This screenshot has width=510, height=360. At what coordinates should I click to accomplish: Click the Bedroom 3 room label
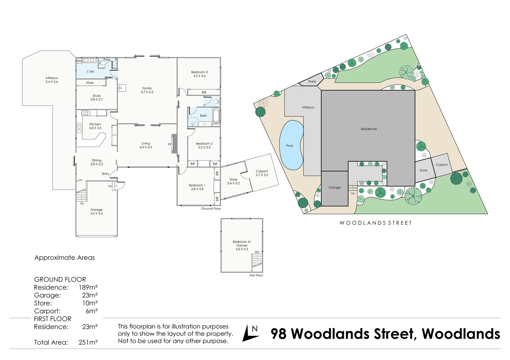[x=199, y=72]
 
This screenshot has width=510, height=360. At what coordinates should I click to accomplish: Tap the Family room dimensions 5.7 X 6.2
[x=147, y=92]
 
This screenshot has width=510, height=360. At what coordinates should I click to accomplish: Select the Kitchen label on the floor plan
[x=95, y=124]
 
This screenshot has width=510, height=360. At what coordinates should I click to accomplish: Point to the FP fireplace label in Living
[x=170, y=144]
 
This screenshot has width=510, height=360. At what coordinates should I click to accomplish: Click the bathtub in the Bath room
[x=216, y=115]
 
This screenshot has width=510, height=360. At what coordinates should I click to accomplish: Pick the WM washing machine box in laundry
[x=80, y=61]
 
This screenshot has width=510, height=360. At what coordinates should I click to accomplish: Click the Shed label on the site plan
[x=312, y=81]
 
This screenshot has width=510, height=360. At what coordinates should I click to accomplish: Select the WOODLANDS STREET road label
[x=376, y=223]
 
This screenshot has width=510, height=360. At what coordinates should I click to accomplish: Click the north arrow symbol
[x=251, y=333]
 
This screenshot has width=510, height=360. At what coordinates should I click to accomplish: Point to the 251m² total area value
[x=88, y=342]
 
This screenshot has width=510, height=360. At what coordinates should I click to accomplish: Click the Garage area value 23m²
[x=90, y=295]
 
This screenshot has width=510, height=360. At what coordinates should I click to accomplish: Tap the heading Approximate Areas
[x=65, y=258]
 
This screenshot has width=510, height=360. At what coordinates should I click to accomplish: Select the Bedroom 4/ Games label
[x=242, y=243]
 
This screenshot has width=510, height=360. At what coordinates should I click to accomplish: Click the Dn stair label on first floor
[x=257, y=252]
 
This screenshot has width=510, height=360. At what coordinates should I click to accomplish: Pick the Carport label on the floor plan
[x=262, y=171]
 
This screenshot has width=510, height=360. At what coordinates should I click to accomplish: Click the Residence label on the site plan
[x=369, y=129]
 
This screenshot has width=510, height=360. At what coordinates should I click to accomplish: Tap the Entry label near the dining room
[x=106, y=174]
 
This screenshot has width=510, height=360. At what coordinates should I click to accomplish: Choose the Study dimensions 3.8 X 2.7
[x=97, y=99]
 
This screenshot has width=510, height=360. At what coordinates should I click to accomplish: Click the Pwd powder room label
[x=107, y=60]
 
